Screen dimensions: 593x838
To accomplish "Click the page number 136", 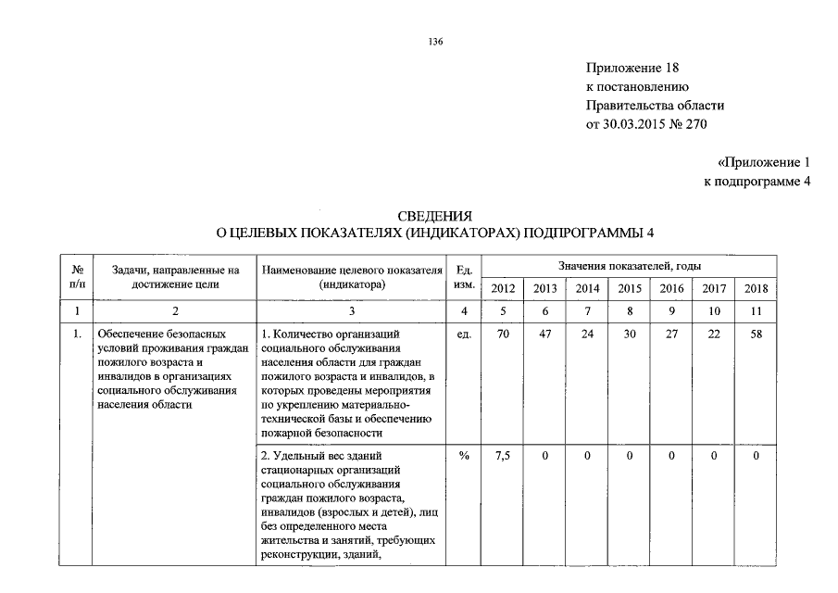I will click(435, 43).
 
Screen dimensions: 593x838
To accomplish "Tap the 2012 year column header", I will click(503, 288).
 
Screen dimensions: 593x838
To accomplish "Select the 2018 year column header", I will click(756, 288).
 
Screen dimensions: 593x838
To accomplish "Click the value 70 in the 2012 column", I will click(503, 334).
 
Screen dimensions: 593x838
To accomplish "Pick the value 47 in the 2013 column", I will click(544, 334).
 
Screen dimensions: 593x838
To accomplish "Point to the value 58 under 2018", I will click(756, 334).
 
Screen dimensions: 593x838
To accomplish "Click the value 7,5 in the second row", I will click(503, 455).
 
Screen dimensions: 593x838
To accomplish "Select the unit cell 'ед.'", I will click(465, 334).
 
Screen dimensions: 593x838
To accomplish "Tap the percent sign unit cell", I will click(465, 455).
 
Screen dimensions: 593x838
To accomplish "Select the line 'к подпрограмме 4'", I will click(757, 181).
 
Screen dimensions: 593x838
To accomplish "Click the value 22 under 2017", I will click(713, 334).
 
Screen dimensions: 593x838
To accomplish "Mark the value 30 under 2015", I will click(629, 334).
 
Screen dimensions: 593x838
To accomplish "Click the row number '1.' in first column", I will click(77, 334).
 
